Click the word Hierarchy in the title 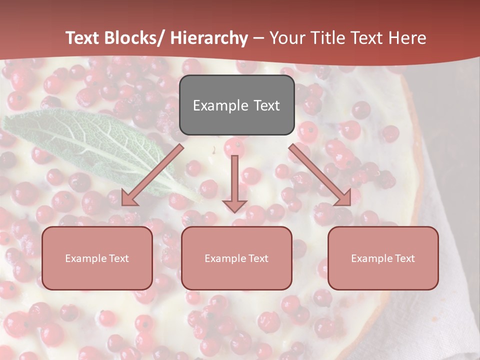209,38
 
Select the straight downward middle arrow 234,180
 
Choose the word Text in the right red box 404,258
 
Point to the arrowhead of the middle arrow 234,205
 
